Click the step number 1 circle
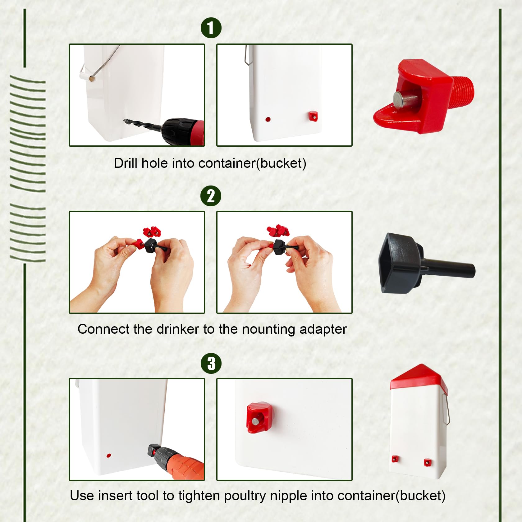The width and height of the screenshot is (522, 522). (x=211, y=28)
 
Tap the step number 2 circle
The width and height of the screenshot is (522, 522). (x=211, y=196)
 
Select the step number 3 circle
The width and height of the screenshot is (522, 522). (x=211, y=363)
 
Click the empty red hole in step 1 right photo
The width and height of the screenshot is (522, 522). (x=268, y=119)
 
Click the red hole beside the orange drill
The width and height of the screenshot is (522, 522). (x=108, y=456)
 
